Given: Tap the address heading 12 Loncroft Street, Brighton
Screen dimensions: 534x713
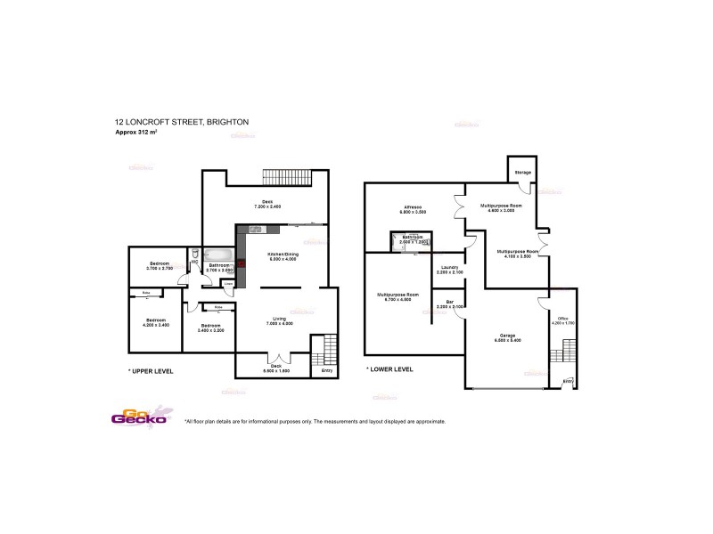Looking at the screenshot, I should pos(180,122).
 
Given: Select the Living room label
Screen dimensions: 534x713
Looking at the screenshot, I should pos(278,321).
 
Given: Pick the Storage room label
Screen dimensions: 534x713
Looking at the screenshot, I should pos(522,172).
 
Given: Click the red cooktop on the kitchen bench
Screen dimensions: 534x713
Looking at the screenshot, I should pos(241,264).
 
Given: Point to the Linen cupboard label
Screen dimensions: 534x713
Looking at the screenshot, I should pos(228,284).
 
